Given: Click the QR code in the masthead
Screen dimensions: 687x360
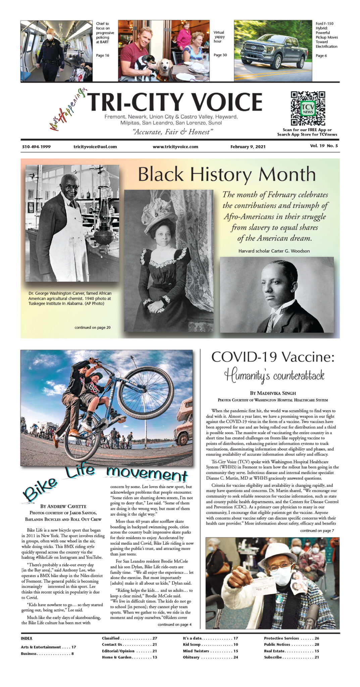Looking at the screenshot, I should pyautogui.click(x=308, y=108).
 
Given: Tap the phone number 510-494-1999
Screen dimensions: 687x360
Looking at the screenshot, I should pyautogui.click(x=36, y=147).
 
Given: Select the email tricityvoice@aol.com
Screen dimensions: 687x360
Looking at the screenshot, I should pyautogui.click(x=95, y=147).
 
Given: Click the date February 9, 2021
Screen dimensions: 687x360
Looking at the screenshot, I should pyautogui.click(x=248, y=147).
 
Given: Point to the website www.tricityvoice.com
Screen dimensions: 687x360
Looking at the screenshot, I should pyautogui.click(x=175, y=147).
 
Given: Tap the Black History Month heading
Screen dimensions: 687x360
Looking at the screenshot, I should pyautogui.click(x=227, y=174).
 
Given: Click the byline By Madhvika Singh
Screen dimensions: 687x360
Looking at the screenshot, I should pyautogui.click(x=272, y=393).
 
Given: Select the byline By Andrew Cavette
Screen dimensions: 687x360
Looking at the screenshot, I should pyautogui.click(x=63, y=506).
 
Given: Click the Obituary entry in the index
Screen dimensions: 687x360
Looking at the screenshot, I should pyautogui.click(x=210, y=657).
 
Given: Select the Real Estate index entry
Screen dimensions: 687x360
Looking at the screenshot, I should pyautogui.click(x=291, y=651).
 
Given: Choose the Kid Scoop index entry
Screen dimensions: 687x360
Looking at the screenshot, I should pyautogui.click(x=210, y=644).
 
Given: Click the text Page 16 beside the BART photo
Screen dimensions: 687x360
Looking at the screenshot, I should pyautogui.click(x=102, y=55).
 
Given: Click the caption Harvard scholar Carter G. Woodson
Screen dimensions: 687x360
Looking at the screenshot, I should pyautogui.click(x=274, y=251).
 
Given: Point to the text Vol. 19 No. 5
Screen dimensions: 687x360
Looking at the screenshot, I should pyautogui.click(x=324, y=146).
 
